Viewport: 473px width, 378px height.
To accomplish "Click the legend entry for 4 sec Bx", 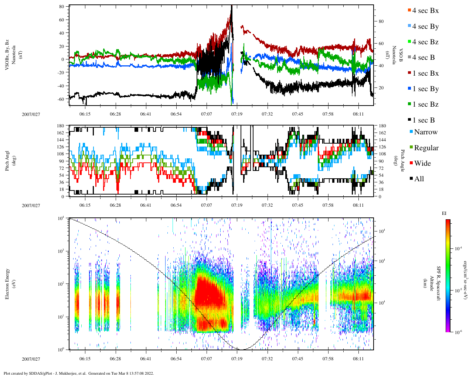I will tap(425, 11).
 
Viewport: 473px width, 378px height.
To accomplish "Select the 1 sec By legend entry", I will tap(425, 89).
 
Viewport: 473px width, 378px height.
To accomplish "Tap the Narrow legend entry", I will tap(425, 132).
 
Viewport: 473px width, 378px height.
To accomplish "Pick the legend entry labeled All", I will tap(419, 179).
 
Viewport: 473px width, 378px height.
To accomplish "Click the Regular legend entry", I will tap(426, 148).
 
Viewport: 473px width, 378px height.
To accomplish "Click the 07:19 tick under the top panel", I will tap(237, 114).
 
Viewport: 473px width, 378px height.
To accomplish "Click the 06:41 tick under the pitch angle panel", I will tap(146, 205).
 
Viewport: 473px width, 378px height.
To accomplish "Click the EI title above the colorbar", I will tap(444, 213).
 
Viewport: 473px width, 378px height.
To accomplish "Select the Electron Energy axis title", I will tap(7, 283).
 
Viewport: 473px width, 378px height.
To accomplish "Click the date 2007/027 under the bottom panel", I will tap(31, 359).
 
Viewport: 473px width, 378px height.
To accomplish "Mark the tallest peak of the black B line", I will tap(231, 6).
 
